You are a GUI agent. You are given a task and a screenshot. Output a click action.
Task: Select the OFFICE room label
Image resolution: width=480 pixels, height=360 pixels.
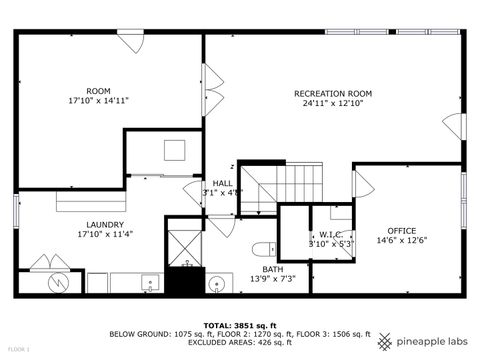point(401,231)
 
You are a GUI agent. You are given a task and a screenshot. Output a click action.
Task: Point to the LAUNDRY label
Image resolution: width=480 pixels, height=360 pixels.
point(104,224)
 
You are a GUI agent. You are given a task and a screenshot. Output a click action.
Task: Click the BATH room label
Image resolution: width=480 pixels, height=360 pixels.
point(272,269)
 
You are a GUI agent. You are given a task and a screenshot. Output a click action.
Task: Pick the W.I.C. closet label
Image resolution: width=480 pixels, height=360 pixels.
point(332,235)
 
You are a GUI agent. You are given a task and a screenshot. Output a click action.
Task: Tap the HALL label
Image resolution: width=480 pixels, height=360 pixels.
point(222,183)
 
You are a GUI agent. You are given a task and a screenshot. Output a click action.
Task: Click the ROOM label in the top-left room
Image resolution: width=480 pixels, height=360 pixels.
point(98,91)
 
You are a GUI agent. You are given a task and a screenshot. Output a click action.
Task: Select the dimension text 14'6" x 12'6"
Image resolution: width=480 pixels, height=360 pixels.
point(401,241)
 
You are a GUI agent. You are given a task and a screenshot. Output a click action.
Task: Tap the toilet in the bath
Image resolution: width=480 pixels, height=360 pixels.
point(262,249)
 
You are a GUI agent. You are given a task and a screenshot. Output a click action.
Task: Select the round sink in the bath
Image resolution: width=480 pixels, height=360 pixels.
point(216,284)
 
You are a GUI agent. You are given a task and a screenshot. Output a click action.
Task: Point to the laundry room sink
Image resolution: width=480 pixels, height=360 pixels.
point(150,283)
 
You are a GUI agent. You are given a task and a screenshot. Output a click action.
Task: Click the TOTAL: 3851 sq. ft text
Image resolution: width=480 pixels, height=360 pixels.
point(239,326)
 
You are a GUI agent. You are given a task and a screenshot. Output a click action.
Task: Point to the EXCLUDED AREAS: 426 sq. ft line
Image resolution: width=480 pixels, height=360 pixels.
point(239,345)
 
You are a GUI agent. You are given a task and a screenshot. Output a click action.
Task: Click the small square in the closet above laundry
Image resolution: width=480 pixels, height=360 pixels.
point(174,150)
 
